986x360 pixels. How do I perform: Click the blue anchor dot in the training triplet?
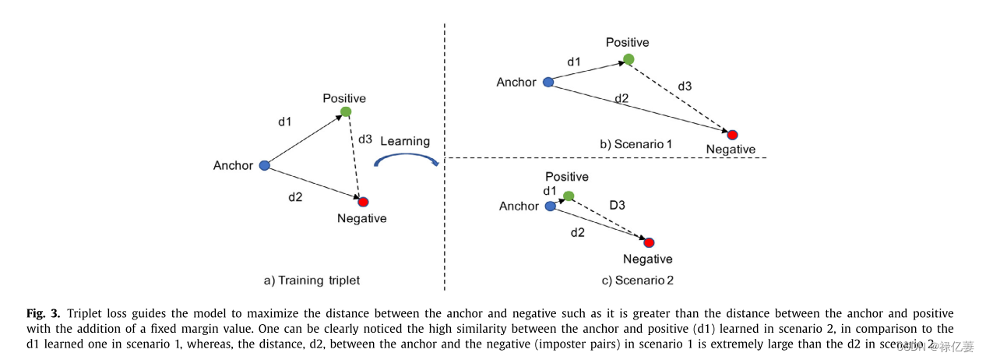[x=264, y=165]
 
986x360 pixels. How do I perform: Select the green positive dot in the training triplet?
[x=346, y=111]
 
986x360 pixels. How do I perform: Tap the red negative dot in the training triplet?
[x=363, y=202]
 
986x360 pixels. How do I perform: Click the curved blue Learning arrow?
[x=405, y=160]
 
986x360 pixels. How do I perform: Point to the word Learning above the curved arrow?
[x=405, y=141]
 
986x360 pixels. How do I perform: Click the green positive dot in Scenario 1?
[x=629, y=59]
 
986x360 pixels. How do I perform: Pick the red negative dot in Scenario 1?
[x=732, y=135]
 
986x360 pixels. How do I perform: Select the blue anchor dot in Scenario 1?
[x=548, y=82]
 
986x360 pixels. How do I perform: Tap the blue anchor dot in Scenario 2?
[x=551, y=206]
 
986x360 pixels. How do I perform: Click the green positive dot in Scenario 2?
[x=569, y=196]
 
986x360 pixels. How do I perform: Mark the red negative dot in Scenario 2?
[x=649, y=242]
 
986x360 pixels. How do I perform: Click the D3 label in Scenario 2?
[x=618, y=204]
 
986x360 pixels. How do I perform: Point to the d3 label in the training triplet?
[x=365, y=139]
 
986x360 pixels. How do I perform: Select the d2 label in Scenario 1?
[x=622, y=98]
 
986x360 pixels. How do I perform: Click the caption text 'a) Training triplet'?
[x=312, y=280]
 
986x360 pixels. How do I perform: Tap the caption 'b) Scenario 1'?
[x=636, y=145]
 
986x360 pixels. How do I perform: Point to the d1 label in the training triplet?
[x=285, y=122]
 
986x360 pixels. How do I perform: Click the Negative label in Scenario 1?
[x=731, y=150]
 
